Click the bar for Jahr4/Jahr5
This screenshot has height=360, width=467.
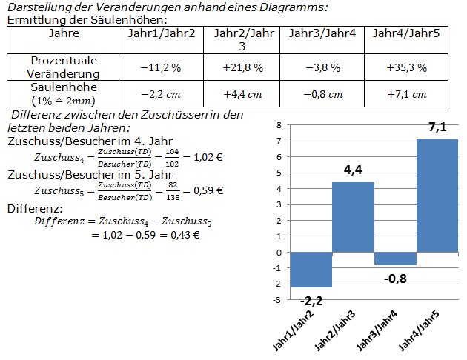437,196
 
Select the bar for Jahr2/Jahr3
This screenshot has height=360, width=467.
352,216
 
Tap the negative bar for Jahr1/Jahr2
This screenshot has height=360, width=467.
311,269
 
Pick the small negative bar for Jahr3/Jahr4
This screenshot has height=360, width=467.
395,259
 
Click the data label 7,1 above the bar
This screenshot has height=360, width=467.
437,128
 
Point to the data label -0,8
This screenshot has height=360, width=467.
395,279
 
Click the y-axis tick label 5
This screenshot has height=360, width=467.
279,173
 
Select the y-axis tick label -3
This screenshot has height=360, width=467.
277,300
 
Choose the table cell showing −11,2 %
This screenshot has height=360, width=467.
160,67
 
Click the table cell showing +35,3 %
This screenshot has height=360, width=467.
406,67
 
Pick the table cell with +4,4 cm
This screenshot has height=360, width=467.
242,94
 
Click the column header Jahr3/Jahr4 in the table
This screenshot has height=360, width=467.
322,34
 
